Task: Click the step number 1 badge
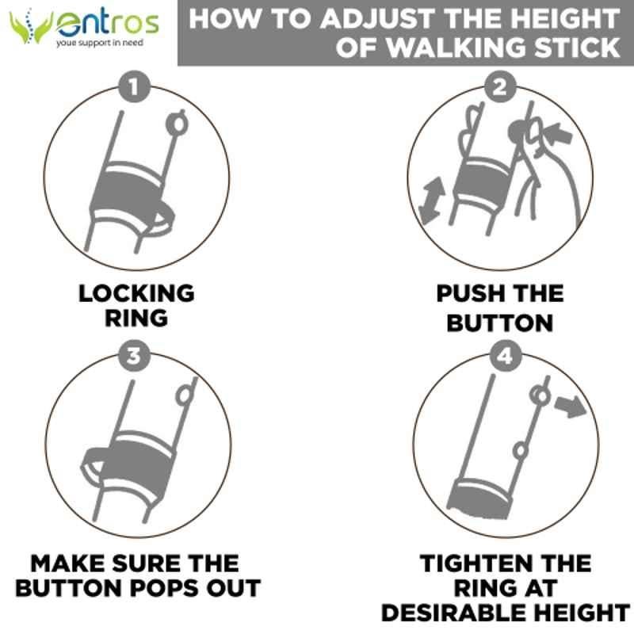134,86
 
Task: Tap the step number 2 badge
501,86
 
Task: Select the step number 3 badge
134,356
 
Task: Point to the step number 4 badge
506,356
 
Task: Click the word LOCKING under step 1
136,293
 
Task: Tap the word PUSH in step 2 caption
468,293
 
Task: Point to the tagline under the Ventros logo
100,43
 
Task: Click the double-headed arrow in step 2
431,201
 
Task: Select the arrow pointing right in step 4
571,406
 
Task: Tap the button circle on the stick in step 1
177,124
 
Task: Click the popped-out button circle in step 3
185,395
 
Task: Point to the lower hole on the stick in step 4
521,451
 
